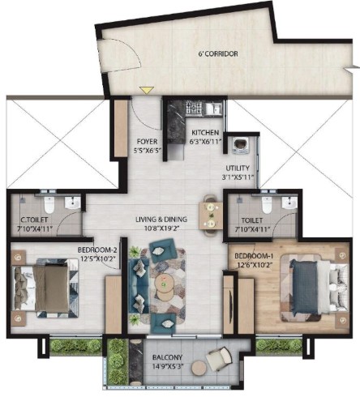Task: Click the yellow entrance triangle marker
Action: click(147, 90)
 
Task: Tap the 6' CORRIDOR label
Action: click(218, 53)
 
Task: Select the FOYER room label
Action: click(147, 142)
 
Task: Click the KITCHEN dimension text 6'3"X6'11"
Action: click(206, 141)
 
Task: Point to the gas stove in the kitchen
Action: click(194, 108)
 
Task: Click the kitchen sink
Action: click(213, 108)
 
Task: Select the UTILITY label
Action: click(238, 169)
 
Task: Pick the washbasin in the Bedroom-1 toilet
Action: click(289, 203)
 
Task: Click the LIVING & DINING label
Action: click(161, 220)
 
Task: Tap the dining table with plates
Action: click(211, 216)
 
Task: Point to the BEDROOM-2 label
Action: click(97, 250)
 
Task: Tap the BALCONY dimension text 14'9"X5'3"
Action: click(167, 367)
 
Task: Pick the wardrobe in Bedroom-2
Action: click(114, 305)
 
